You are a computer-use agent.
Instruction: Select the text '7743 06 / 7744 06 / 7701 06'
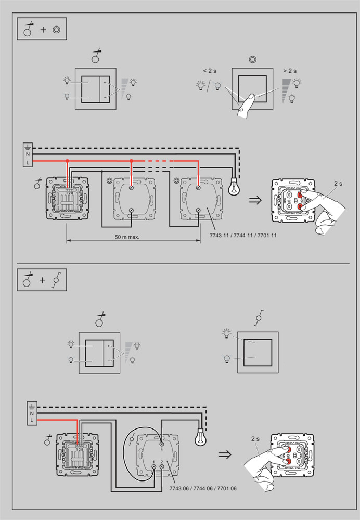(203, 489)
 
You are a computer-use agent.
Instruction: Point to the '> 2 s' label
(290, 71)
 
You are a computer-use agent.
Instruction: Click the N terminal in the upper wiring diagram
(27, 154)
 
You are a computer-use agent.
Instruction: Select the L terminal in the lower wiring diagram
(32, 420)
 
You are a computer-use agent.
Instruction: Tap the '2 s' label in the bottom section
(255, 439)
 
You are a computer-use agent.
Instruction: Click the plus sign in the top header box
(43, 30)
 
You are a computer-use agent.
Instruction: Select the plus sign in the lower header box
(43, 281)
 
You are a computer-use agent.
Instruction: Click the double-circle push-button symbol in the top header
(56, 30)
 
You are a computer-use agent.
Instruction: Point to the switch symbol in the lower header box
(57, 281)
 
